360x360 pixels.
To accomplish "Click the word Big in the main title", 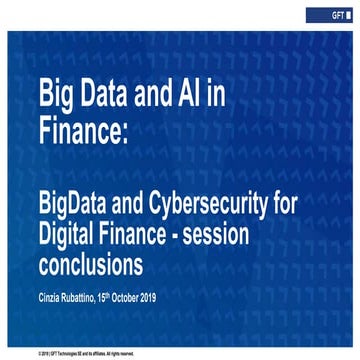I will click(x=55, y=96).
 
